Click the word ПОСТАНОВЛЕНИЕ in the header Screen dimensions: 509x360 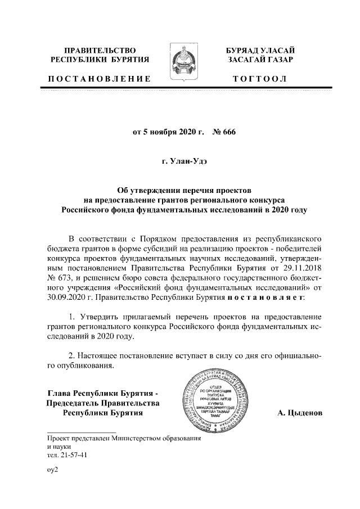click(x=100, y=78)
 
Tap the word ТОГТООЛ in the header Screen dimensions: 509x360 click(x=260, y=78)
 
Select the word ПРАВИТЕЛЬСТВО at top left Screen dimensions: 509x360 click(x=100, y=51)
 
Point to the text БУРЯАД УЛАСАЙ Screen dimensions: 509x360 click(x=260, y=51)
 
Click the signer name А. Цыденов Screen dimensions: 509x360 click(x=300, y=413)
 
